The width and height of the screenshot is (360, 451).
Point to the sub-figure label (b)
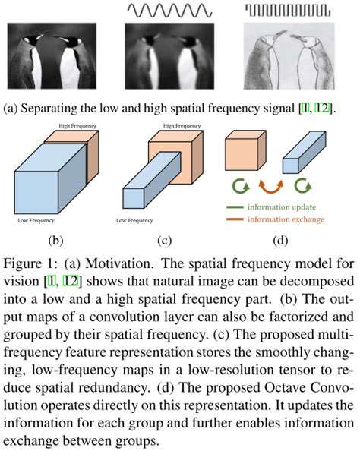coord(55,241)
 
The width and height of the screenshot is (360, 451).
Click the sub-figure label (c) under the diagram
coord(163,241)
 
